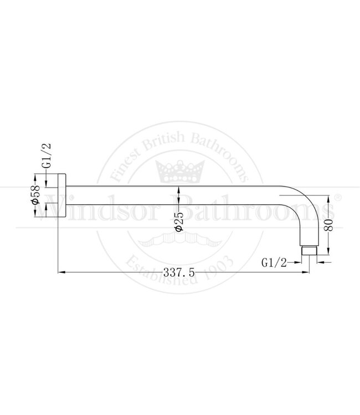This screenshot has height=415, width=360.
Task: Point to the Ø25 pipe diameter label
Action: coord(178,221)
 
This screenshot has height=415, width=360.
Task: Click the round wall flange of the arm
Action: coord(61,196)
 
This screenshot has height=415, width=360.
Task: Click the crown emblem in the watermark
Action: coord(178,170)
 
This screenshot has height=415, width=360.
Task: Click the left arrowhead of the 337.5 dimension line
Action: coord(61,272)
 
